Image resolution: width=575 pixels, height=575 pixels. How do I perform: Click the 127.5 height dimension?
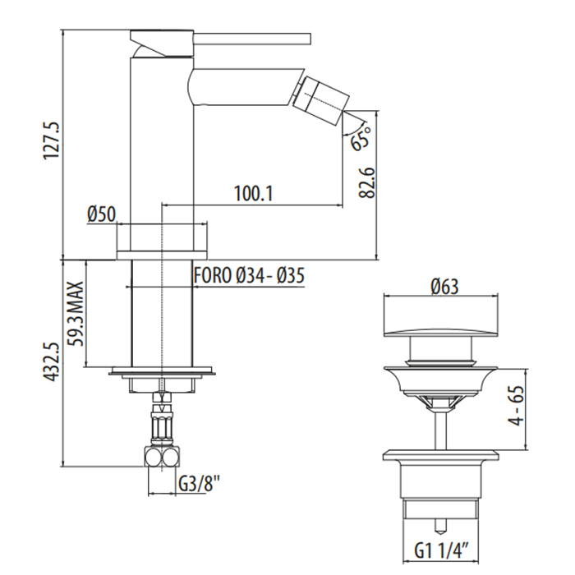[x=51, y=140]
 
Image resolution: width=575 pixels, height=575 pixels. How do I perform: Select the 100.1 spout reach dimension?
[x=254, y=193]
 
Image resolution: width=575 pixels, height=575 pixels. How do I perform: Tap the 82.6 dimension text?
[x=367, y=183]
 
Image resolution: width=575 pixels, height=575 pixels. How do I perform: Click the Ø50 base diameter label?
[x=102, y=214]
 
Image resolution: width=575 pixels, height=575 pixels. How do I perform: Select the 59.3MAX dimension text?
[x=76, y=314]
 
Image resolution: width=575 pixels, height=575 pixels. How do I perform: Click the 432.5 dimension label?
[x=50, y=362]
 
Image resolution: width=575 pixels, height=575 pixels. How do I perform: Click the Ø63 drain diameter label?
[x=445, y=287]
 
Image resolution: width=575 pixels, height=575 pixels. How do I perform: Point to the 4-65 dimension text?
[x=517, y=405]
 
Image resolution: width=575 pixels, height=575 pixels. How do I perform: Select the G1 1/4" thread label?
[x=442, y=551]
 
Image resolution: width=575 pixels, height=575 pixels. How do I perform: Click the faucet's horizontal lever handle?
[x=252, y=39]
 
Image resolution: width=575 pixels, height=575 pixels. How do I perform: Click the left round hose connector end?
[x=153, y=458]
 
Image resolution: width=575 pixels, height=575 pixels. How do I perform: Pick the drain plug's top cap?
[x=441, y=332]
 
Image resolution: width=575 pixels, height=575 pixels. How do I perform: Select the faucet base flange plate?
[x=162, y=255]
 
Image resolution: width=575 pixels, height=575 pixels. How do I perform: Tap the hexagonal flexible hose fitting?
[x=161, y=425]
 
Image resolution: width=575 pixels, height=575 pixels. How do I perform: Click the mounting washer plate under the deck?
[x=162, y=371]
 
